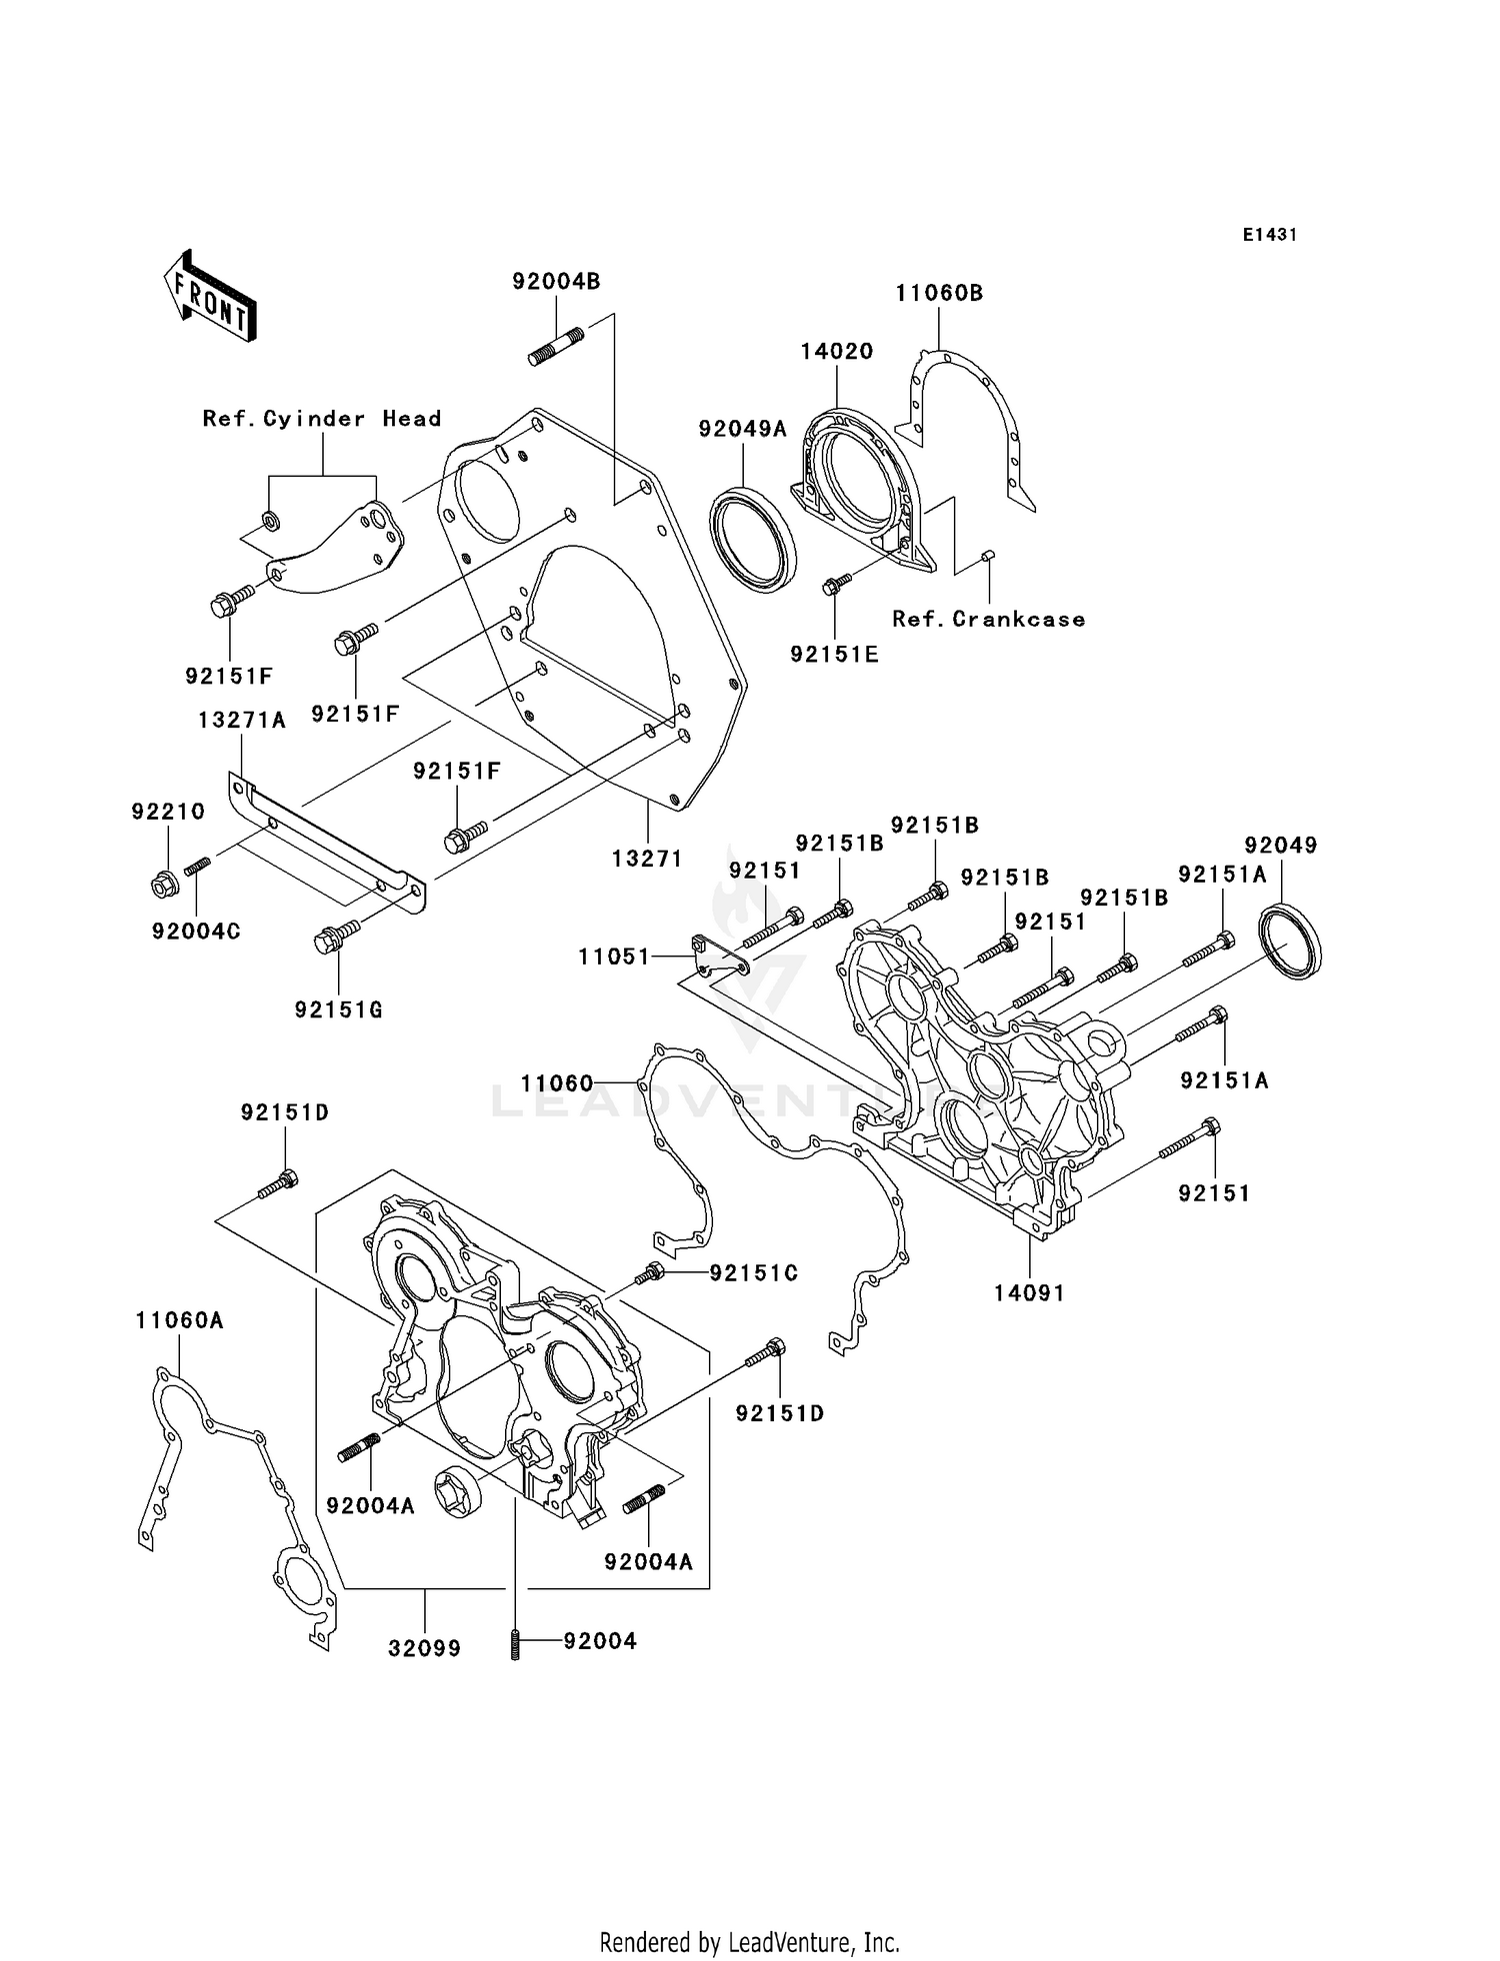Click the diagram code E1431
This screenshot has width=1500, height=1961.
tap(1269, 235)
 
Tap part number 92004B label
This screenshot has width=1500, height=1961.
tap(556, 282)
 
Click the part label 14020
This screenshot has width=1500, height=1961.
tap(836, 352)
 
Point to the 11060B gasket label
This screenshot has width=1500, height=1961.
tap(938, 294)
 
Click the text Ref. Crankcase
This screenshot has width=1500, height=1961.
tap(988, 620)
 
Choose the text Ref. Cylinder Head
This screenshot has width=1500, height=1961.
tap(322, 419)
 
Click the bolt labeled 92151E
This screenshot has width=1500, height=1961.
tap(836, 584)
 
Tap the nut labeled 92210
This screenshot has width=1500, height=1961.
tap(165, 884)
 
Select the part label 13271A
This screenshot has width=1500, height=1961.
tap(242, 721)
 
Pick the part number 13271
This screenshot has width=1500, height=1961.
tap(647, 859)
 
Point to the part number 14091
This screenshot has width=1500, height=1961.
tap(1029, 1293)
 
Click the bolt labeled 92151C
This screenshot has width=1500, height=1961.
tap(650, 1273)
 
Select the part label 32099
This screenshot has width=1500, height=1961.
tap(424, 1648)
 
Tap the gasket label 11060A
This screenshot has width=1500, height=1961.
tap(179, 1321)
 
